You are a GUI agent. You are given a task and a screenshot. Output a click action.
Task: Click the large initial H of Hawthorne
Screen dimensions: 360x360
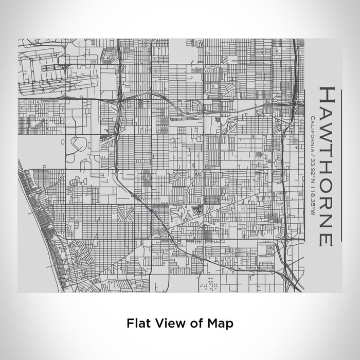point(328,96)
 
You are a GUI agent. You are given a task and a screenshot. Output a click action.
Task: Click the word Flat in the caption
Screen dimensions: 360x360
point(138,323)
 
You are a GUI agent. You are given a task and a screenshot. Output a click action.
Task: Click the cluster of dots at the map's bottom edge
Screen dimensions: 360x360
point(210,282)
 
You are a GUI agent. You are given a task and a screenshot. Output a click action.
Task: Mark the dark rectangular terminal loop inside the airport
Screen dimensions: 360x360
point(52,67)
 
